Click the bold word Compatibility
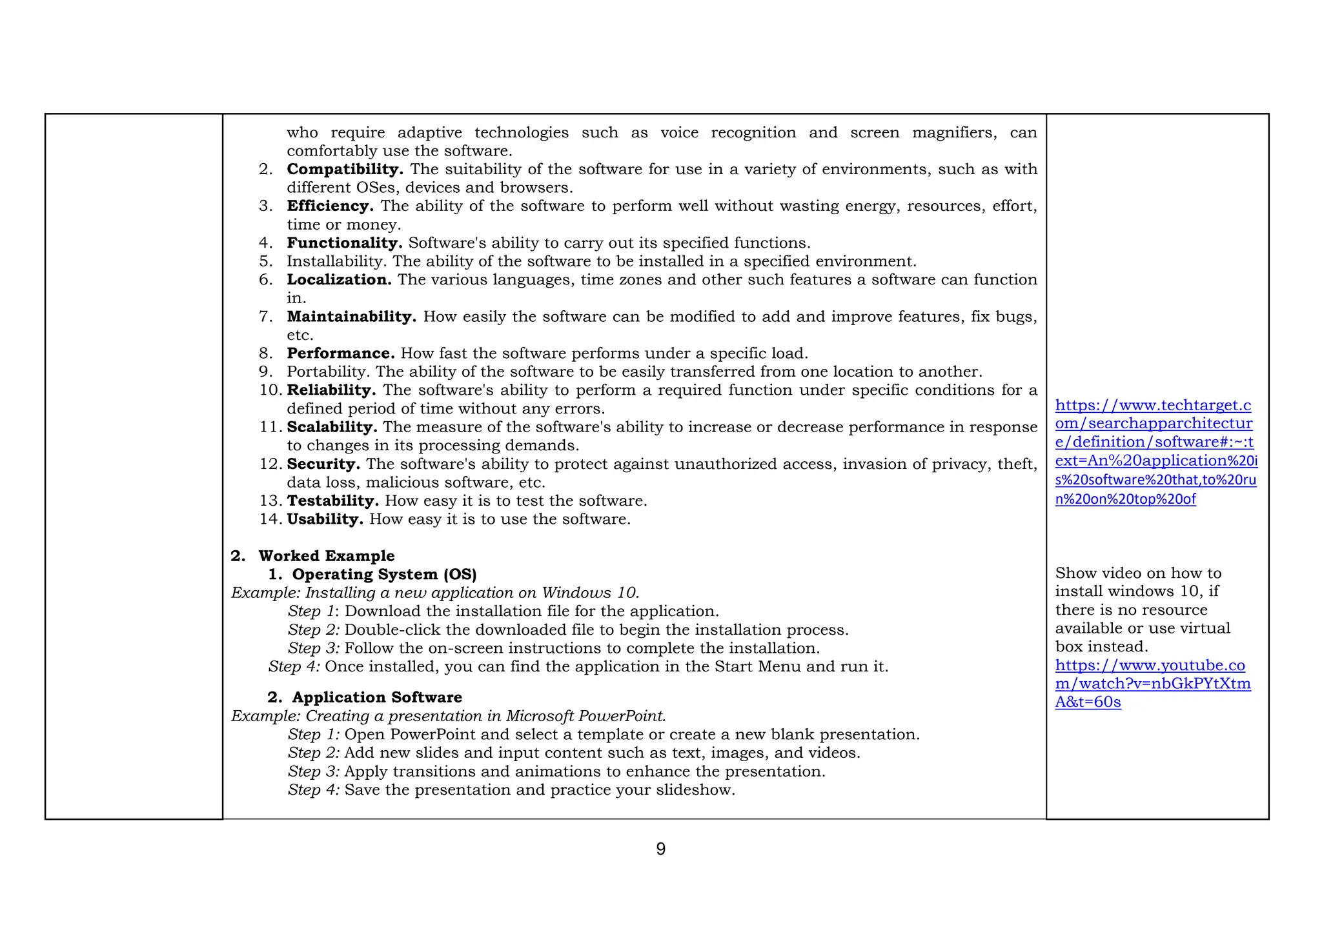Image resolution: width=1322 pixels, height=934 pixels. tap(345, 170)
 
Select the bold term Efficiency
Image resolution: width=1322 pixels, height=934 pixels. tap(330, 206)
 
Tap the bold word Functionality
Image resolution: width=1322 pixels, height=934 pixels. tap(345, 243)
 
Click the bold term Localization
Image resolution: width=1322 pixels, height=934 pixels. tap(339, 280)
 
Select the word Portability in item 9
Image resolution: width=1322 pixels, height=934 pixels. tap(329, 372)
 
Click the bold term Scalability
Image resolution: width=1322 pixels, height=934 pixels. tap(332, 427)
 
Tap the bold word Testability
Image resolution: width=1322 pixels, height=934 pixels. tap(332, 501)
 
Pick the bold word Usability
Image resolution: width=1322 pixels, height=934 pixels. tap(325, 519)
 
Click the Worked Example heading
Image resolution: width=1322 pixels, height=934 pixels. tap(326, 556)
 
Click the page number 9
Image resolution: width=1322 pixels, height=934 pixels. tap(660, 849)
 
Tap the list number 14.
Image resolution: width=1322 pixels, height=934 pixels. tap(269, 519)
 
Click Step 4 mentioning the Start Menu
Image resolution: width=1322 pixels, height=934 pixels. tap(294, 667)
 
